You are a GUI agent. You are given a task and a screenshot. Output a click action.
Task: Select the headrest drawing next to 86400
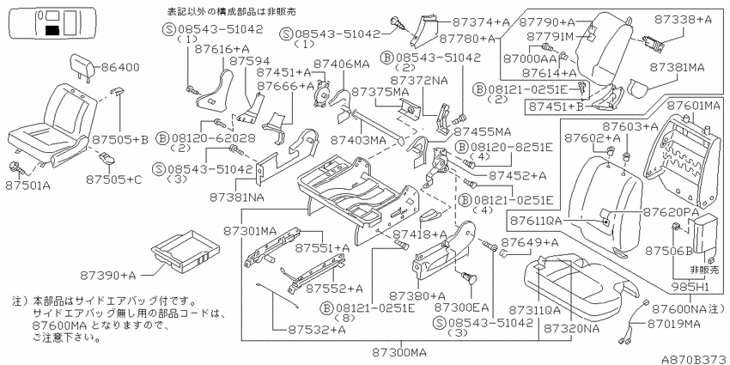coord(82,66)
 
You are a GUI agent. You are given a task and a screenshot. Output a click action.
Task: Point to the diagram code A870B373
coord(695,359)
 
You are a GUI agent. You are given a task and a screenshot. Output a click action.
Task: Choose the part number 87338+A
coord(683,20)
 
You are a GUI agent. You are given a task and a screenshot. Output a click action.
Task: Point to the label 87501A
coord(27,186)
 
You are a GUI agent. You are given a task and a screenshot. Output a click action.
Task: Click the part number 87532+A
coord(316,330)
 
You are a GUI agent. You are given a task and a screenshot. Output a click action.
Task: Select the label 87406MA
coord(341,64)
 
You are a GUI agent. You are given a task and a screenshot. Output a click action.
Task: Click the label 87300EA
coord(462,307)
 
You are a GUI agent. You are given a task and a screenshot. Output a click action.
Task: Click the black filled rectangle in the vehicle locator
coord(52,32)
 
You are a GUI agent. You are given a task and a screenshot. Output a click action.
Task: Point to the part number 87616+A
coord(215,48)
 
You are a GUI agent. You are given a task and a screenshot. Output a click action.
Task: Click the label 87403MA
coord(358,139)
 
